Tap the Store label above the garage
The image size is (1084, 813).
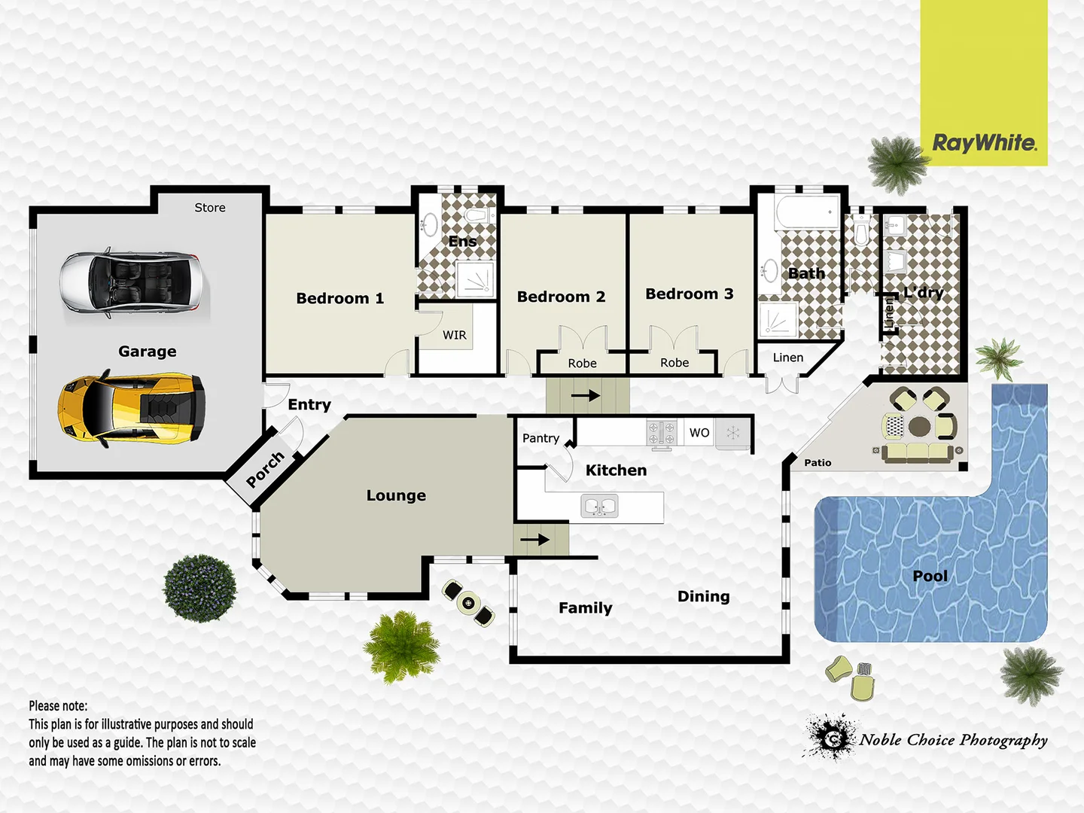(x=210, y=208)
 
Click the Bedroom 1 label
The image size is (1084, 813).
(x=340, y=298)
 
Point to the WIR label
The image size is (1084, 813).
(x=454, y=335)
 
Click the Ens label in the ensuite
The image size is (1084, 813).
(x=462, y=242)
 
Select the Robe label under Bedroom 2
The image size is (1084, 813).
(x=582, y=364)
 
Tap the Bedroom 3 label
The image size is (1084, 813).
(x=689, y=294)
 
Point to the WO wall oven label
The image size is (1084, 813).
(x=699, y=433)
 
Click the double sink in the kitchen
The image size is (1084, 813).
(x=601, y=506)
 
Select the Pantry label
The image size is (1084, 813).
(x=540, y=438)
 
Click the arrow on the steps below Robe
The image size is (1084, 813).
(x=585, y=395)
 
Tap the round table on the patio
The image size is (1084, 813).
(x=919, y=427)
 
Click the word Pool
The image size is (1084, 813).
(x=930, y=576)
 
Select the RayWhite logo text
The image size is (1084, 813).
(x=984, y=143)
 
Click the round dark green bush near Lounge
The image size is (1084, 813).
(x=200, y=588)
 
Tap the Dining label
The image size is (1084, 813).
(x=703, y=596)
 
